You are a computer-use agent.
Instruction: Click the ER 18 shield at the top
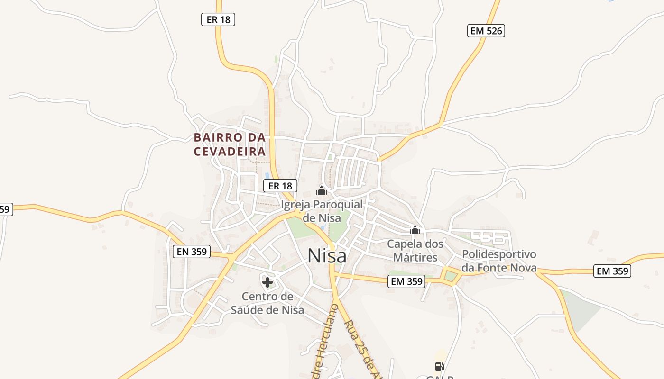[218, 19]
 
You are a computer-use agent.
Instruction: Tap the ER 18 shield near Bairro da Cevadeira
[280, 186]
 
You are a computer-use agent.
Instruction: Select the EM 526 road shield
[486, 31]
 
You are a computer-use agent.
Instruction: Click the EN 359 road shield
[192, 252]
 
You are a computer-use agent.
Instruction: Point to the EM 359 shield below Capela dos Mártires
[406, 281]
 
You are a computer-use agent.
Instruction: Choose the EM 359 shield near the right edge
[613, 271]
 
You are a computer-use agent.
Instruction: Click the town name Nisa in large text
[327, 256]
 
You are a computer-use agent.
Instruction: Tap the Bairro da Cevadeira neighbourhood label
[230, 144]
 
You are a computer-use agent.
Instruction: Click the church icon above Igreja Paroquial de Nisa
[322, 191]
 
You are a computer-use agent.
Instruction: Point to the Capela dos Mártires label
[415, 251]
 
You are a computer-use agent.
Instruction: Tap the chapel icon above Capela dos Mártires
[415, 230]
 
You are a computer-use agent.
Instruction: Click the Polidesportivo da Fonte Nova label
[499, 261]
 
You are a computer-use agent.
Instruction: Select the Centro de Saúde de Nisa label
[267, 303]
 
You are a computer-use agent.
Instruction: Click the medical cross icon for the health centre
[267, 283]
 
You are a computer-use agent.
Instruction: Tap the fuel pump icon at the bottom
[439, 366]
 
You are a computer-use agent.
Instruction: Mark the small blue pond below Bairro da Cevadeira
[267, 176]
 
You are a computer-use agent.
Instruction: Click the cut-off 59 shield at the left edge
[5, 209]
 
